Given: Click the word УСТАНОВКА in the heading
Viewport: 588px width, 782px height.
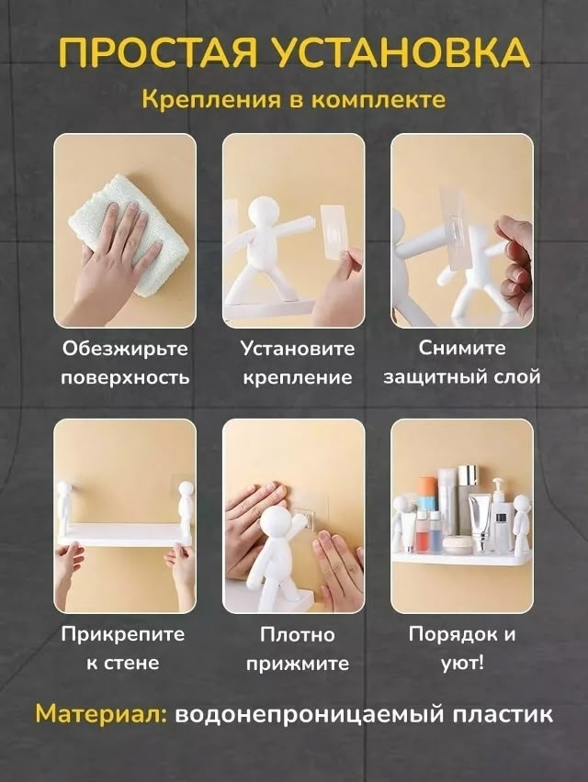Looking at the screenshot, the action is pos(401,50).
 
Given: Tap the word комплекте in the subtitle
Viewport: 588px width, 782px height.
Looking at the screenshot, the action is pos(378,99).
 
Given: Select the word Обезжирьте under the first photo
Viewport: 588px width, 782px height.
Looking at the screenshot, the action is pos(125,348).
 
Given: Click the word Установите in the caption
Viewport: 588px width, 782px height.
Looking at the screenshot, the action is pos(298,348).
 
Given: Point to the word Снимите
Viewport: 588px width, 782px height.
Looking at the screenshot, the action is pos(462,348).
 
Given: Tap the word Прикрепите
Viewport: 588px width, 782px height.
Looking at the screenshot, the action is pos(123,634).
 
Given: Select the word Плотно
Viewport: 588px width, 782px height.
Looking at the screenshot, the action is pos(298,634).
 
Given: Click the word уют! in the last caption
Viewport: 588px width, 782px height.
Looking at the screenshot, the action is pos(462,664).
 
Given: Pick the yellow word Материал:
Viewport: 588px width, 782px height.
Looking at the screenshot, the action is pos(101,714).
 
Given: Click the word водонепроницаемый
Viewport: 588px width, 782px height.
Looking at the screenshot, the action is pos(310,715).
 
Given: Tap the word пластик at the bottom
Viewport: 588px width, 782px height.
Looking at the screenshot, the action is pos(503,715).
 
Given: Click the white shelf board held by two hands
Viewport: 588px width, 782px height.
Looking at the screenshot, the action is pos(125,534).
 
